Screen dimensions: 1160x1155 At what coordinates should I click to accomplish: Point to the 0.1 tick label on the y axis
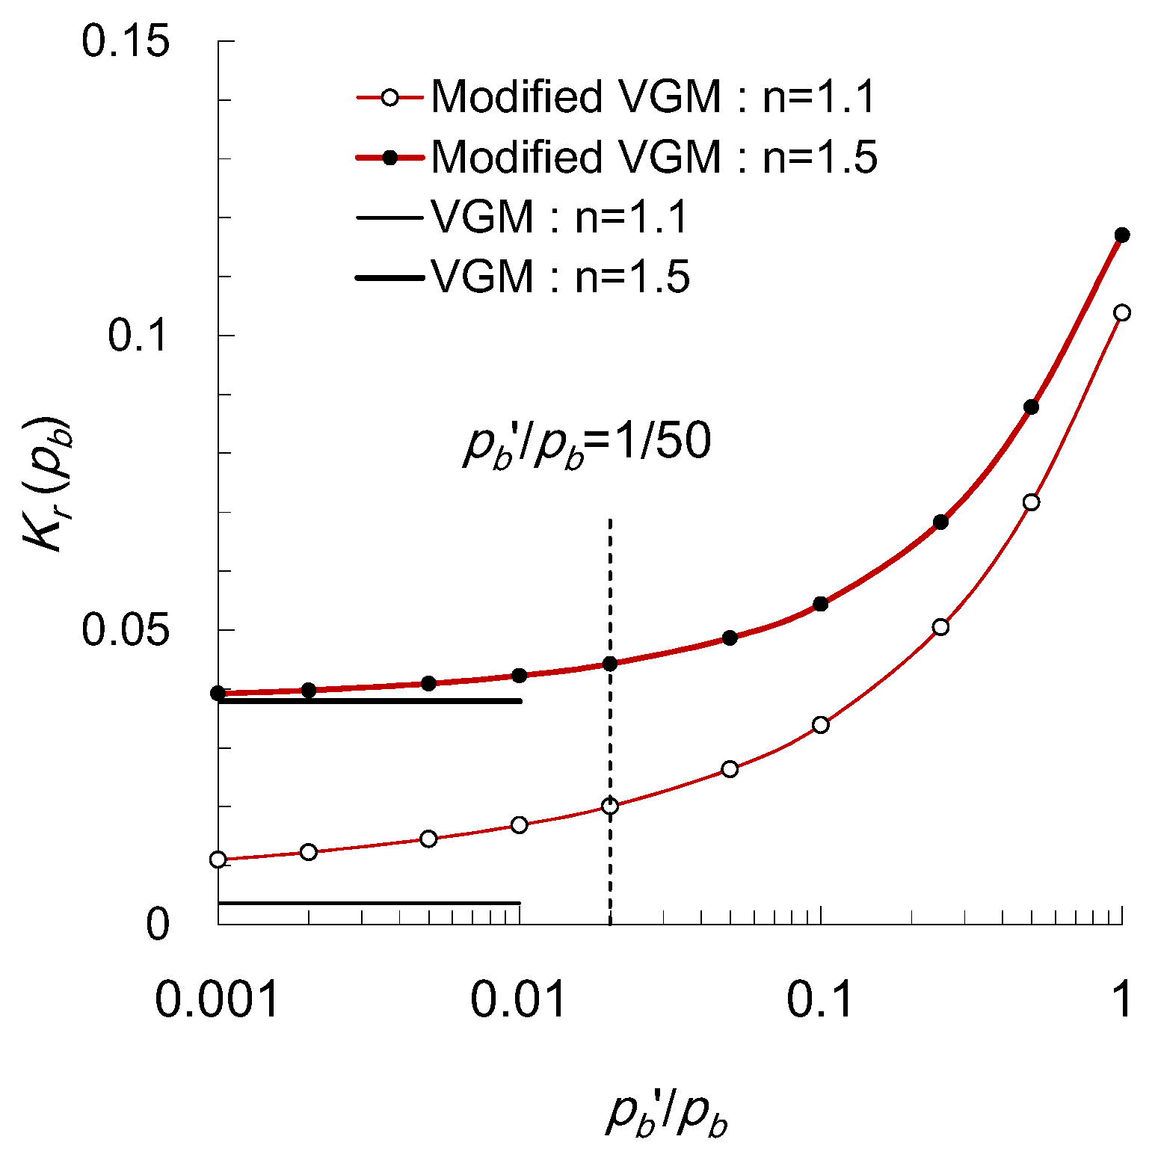[139, 335]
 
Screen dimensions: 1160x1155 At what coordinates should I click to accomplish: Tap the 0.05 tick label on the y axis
[126, 629]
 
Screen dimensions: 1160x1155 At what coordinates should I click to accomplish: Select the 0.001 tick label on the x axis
[217, 999]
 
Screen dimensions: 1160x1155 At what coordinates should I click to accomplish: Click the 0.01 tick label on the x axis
[519, 999]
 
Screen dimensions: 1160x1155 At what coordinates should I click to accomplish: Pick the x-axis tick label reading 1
[1121, 999]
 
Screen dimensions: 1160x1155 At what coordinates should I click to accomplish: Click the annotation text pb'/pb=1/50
[587, 442]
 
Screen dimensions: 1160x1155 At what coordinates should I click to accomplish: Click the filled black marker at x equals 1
[1121, 235]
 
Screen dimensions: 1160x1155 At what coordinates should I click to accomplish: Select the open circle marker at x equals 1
[1121, 312]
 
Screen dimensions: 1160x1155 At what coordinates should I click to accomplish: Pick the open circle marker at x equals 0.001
[218, 860]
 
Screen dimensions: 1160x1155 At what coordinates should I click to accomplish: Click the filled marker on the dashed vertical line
[610, 664]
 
